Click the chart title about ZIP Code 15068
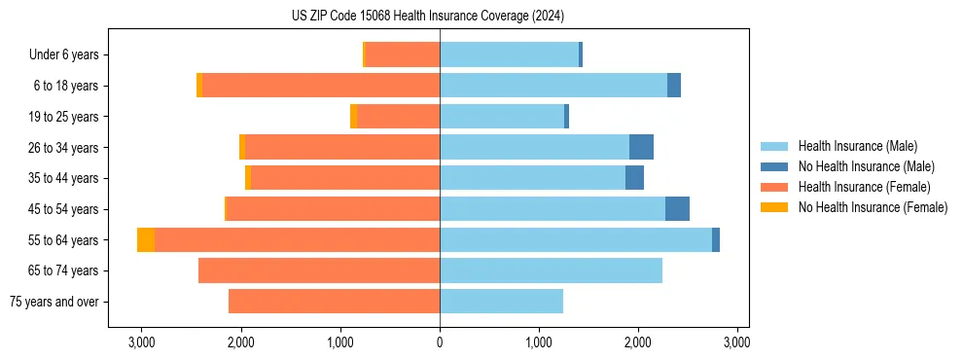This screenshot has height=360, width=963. click(x=427, y=16)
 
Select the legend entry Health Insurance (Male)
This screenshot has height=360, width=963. click(x=857, y=146)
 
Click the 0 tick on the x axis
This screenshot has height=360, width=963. click(x=440, y=342)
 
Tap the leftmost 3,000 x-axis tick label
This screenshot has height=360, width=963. click(x=141, y=342)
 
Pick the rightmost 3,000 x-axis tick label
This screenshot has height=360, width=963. click(x=737, y=342)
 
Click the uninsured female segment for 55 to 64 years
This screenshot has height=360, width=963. click(x=146, y=239)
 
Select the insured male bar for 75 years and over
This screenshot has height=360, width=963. click(x=501, y=302)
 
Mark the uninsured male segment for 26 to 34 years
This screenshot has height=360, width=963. click(x=641, y=147)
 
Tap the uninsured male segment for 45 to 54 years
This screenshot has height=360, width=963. click(x=677, y=209)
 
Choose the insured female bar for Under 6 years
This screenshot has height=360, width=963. click(x=403, y=54)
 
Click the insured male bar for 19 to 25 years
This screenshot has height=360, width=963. click(x=502, y=117)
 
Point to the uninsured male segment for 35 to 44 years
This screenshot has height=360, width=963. click(x=634, y=178)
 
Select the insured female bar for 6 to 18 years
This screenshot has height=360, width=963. click(x=321, y=86)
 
